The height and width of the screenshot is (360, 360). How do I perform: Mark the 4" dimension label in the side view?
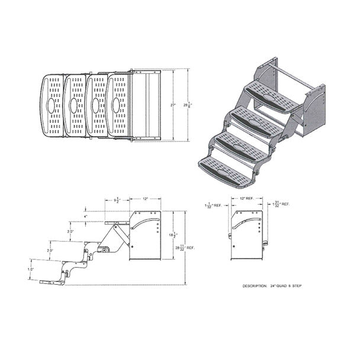tap(85, 217)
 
